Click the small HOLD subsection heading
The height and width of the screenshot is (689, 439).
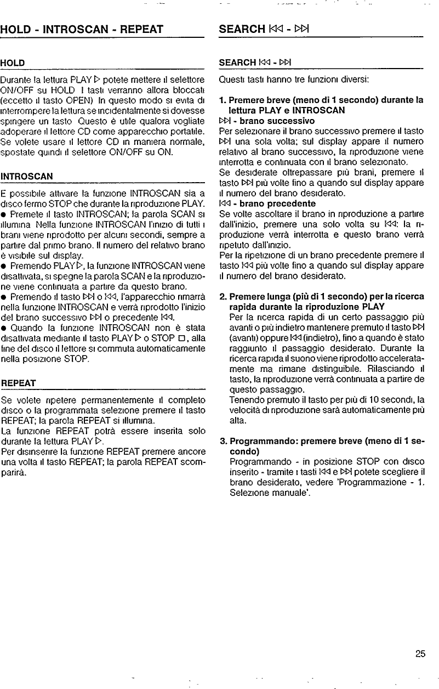[13, 63]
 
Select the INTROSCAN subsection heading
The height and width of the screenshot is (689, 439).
[27, 177]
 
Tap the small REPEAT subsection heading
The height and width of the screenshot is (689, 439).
[18, 382]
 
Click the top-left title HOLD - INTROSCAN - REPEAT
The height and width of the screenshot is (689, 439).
[82, 29]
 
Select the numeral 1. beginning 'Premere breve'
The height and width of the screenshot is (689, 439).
[221, 100]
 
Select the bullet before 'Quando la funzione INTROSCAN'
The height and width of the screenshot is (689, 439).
[4, 307]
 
